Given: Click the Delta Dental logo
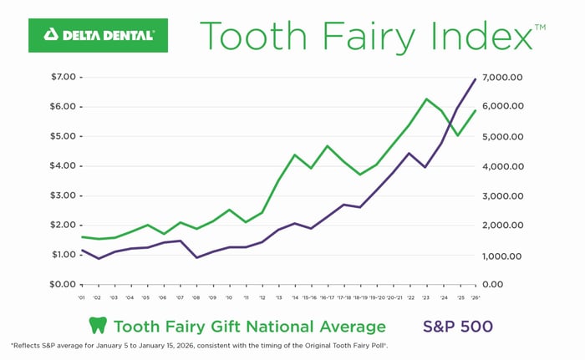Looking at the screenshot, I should point(98,35).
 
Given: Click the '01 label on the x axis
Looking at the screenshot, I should point(81,297).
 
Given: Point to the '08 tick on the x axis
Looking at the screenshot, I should point(195,297).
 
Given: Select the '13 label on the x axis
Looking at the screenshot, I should point(278,297).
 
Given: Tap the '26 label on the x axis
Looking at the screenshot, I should point(475,297).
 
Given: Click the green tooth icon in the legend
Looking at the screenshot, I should point(98,326).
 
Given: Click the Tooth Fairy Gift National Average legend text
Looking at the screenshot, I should point(249,326).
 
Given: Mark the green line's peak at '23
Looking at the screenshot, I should point(426,99).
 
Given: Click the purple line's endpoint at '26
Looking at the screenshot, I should point(476,79).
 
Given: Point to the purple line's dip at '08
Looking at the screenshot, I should point(196,257).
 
